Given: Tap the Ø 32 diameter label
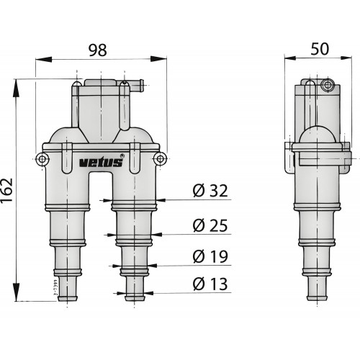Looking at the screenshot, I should pos(210,191).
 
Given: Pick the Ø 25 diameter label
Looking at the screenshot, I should pos(210,226).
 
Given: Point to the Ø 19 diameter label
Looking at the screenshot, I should pos(210,256).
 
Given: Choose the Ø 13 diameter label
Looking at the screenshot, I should pos(210,284).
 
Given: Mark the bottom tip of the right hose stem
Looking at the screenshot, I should pos(135,299).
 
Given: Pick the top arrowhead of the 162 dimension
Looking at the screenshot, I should pos(16,81).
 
